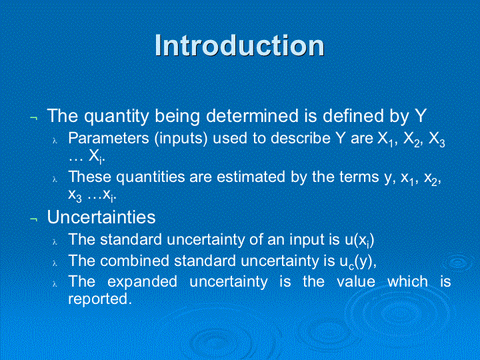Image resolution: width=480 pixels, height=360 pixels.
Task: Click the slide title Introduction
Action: [239, 45]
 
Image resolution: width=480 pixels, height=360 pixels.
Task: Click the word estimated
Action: [251, 177]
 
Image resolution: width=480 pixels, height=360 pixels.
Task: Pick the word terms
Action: [359, 177]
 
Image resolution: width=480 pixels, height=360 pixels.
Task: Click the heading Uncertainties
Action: [101, 217]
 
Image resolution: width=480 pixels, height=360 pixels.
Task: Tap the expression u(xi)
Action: [359, 240]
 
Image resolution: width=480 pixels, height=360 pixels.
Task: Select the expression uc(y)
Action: [356, 262]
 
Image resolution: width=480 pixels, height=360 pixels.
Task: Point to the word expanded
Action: [143, 282]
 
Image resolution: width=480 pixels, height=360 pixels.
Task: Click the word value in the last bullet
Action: [356, 281]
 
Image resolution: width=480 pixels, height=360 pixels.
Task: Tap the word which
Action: [407, 281]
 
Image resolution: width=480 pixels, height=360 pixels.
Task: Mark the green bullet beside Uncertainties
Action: [34, 219]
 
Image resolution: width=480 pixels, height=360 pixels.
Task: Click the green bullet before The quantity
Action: [34, 118]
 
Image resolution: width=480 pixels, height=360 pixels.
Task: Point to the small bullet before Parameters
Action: [55, 141]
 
